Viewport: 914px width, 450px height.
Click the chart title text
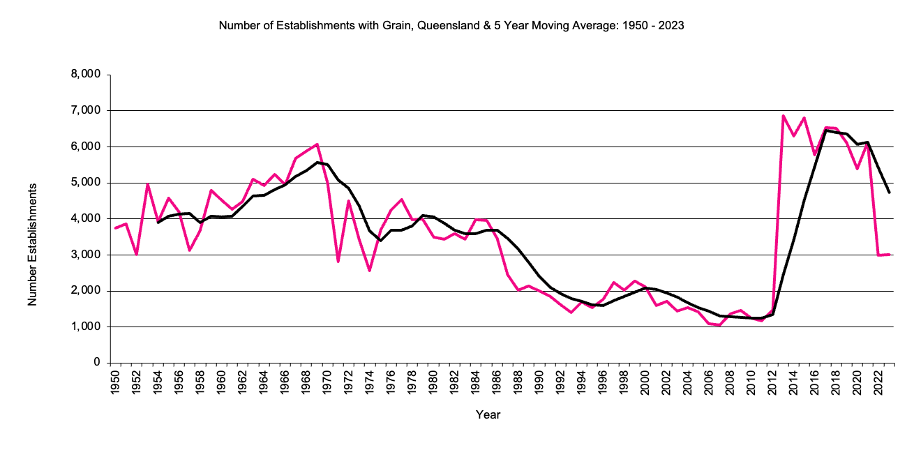[451, 27]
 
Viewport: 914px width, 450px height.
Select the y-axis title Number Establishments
[32, 243]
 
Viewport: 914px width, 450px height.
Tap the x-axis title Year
[488, 414]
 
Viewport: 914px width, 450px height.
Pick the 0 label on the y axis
[97, 363]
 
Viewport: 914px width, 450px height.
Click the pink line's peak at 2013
[784, 116]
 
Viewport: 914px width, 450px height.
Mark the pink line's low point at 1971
[338, 262]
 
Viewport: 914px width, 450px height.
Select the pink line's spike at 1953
[147, 183]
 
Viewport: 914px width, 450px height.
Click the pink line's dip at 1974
[369, 271]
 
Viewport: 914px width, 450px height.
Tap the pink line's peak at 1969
[317, 144]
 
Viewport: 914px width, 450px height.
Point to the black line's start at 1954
[158, 222]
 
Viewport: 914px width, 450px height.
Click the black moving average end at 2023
[889, 193]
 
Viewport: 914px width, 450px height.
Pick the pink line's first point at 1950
[115, 228]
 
